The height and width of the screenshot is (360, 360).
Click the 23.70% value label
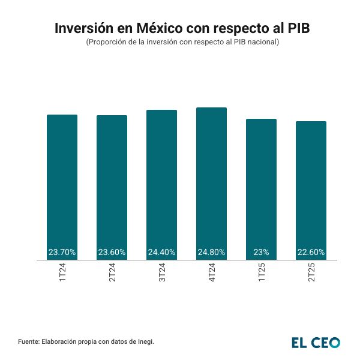tap(62, 253)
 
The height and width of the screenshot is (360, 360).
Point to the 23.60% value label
tap(112, 253)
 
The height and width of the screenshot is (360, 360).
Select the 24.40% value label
tap(162, 253)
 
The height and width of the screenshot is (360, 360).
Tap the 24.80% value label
tap(212, 253)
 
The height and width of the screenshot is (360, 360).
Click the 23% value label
tap(261, 253)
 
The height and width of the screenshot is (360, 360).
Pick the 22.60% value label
tap(311, 253)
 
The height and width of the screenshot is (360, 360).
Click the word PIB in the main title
tap(292, 28)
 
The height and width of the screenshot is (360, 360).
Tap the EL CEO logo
tap(316, 343)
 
